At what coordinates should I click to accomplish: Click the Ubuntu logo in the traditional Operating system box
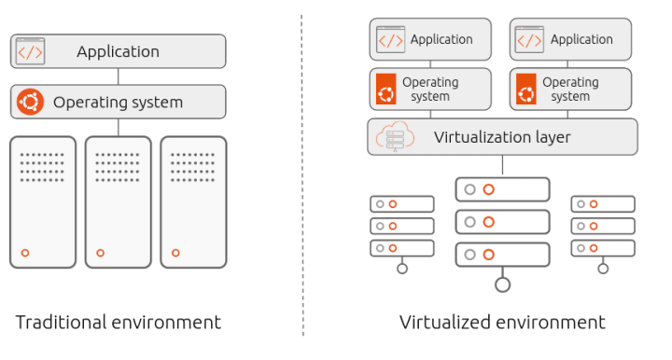pyautogui.click(x=31, y=101)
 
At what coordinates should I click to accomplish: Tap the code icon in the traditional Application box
pyautogui.click(x=30, y=51)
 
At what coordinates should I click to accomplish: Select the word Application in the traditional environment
pyautogui.click(x=118, y=51)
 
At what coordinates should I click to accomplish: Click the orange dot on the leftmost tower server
pyautogui.click(x=25, y=253)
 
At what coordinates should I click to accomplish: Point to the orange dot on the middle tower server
pyautogui.click(x=100, y=253)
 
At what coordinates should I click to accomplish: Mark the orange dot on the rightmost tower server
pyautogui.click(x=175, y=253)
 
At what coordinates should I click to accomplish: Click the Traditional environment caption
pyautogui.click(x=119, y=323)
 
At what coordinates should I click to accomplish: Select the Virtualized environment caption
pyautogui.click(x=502, y=323)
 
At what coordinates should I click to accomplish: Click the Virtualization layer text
pyautogui.click(x=502, y=138)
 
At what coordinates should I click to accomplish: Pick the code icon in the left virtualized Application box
pyautogui.click(x=389, y=40)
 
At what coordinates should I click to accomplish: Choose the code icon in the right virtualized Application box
pyautogui.click(x=529, y=40)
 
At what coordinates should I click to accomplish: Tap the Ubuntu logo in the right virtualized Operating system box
pyautogui.click(x=525, y=90)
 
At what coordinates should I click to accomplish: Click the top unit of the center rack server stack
pyautogui.click(x=502, y=189)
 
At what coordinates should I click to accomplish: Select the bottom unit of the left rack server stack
pyautogui.click(x=402, y=248)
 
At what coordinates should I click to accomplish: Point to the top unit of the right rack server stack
pyautogui.click(x=603, y=203)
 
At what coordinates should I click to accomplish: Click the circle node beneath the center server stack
pyautogui.click(x=503, y=284)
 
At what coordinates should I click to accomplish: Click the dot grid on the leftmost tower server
pyautogui.click(x=43, y=167)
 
